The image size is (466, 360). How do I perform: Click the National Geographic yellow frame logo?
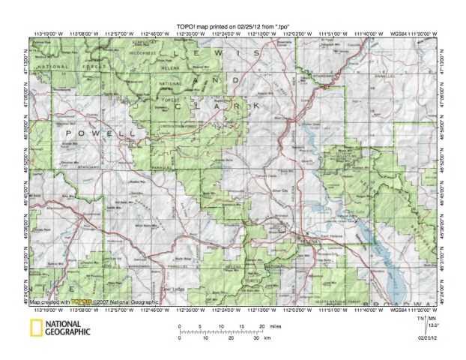pos(35,328)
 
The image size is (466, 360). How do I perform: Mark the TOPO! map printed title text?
pos(232,5)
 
